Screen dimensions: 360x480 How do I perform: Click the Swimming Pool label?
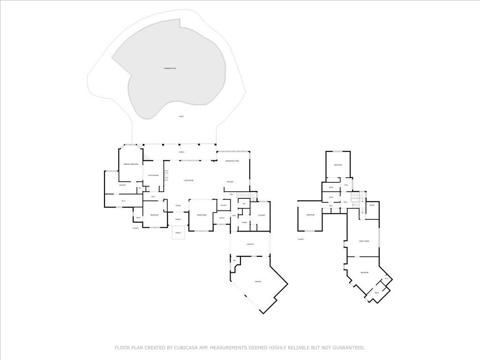[170, 68]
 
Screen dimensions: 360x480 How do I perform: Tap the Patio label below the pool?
[181, 116]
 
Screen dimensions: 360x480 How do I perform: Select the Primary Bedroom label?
[130, 164]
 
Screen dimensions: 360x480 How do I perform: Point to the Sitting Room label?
[153, 175]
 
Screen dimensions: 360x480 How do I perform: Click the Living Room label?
[188, 180]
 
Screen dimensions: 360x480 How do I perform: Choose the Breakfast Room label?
[232, 161]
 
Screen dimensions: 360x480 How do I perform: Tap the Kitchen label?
[230, 182]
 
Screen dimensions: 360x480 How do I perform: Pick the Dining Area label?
[202, 215]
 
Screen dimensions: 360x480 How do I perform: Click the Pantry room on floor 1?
[223, 205]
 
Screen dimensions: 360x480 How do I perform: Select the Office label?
[222, 218]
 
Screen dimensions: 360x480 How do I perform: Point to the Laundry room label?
[262, 216]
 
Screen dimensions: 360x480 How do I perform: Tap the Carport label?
[250, 244]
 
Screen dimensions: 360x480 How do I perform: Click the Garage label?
[258, 281]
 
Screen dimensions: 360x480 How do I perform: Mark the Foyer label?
[178, 206]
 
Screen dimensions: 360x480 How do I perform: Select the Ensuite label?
[122, 185]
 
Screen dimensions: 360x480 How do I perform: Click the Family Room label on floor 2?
[364, 241]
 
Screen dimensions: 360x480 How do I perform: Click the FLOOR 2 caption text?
[301, 239]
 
